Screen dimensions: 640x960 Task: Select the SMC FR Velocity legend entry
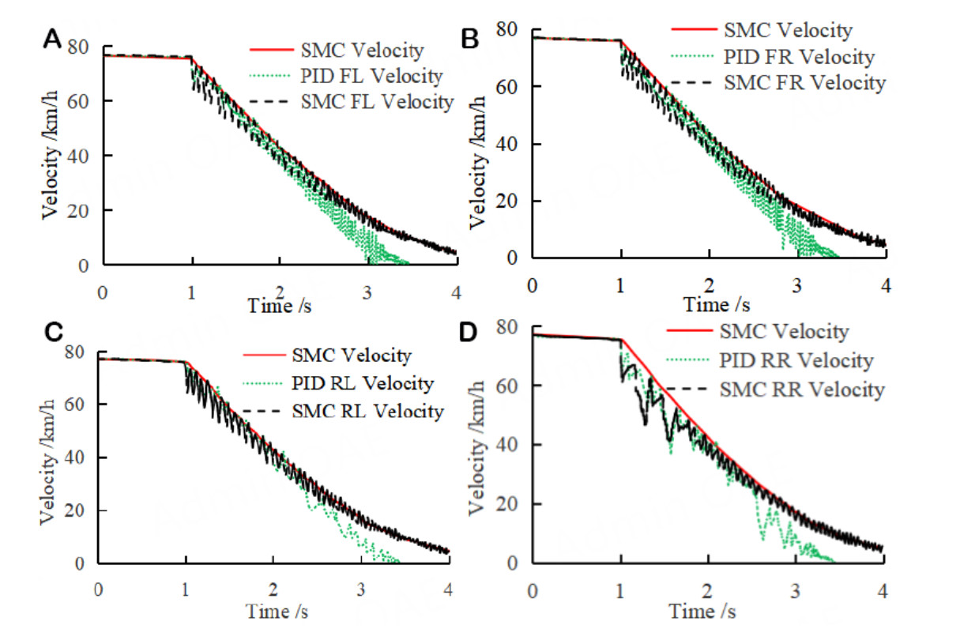(804, 82)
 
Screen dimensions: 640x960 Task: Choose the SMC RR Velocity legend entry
(802, 390)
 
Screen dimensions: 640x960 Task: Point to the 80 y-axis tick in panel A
(83, 46)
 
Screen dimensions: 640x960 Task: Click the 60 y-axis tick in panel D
(516, 386)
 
